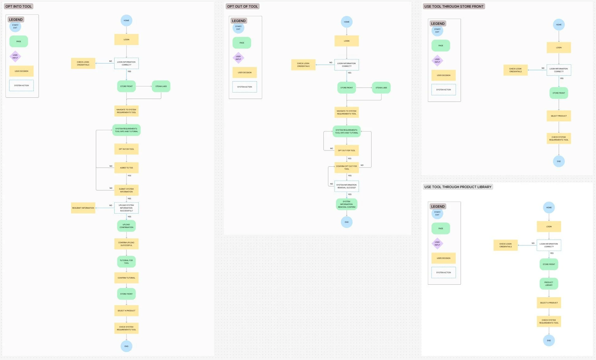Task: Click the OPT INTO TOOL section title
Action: point(18,6)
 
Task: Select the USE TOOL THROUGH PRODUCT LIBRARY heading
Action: point(458,187)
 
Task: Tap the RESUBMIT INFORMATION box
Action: point(83,208)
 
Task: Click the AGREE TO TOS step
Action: point(126,168)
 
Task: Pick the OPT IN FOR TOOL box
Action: point(126,149)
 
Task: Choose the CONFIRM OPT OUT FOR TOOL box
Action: point(346,168)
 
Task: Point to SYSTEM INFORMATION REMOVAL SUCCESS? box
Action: point(346,186)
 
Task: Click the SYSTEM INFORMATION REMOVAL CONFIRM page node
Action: point(346,204)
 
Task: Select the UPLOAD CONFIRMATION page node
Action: point(126,226)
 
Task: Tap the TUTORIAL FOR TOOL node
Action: point(126,262)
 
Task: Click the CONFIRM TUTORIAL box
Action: point(126,278)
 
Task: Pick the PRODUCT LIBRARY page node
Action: point(549,284)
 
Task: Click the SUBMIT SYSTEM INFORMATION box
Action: point(126,190)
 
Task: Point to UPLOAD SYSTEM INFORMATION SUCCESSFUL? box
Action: point(126,208)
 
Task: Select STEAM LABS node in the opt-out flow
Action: point(381,88)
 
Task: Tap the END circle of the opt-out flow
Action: point(346,222)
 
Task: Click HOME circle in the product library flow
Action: point(549,207)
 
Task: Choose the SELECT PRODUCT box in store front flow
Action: point(559,116)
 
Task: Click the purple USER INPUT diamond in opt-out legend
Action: point(238,58)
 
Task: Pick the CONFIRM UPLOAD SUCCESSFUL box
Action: point(126,244)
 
